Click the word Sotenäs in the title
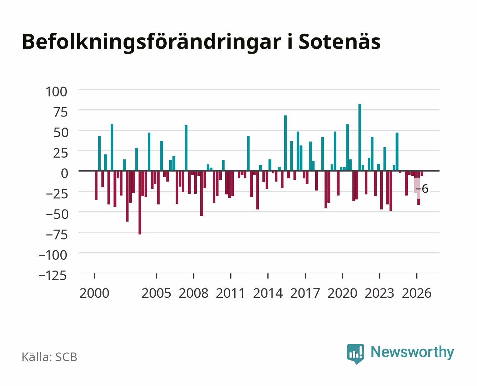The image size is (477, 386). [x=340, y=42]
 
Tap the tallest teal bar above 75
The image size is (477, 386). [x=360, y=137]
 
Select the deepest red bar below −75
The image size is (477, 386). [x=140, y=203]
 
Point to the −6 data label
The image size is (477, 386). [x=422, y=189]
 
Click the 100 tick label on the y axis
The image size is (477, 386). [x=56, y=92]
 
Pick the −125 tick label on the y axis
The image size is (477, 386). [x=52, y=276]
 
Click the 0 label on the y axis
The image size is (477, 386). [x=65, y=173]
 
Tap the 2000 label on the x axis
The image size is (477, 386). [x=94, y=293]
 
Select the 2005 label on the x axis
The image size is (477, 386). [x=156, y=293]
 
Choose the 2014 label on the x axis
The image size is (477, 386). [x=268, y=293]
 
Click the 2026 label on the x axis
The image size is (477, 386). [x=417, y=293]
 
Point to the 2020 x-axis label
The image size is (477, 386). [x=342, y=293]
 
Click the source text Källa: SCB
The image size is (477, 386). [x=50, y=357]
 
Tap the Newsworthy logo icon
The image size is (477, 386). [x=355, y=354]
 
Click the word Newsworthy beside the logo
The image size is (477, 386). [x=412, y=352]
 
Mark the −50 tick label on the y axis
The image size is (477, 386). [x=57, y=214]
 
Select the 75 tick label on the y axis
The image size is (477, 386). [x=60, y=112]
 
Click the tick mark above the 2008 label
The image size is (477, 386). [x=194, y=276]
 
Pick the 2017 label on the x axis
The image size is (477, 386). [x=305, y=293]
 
